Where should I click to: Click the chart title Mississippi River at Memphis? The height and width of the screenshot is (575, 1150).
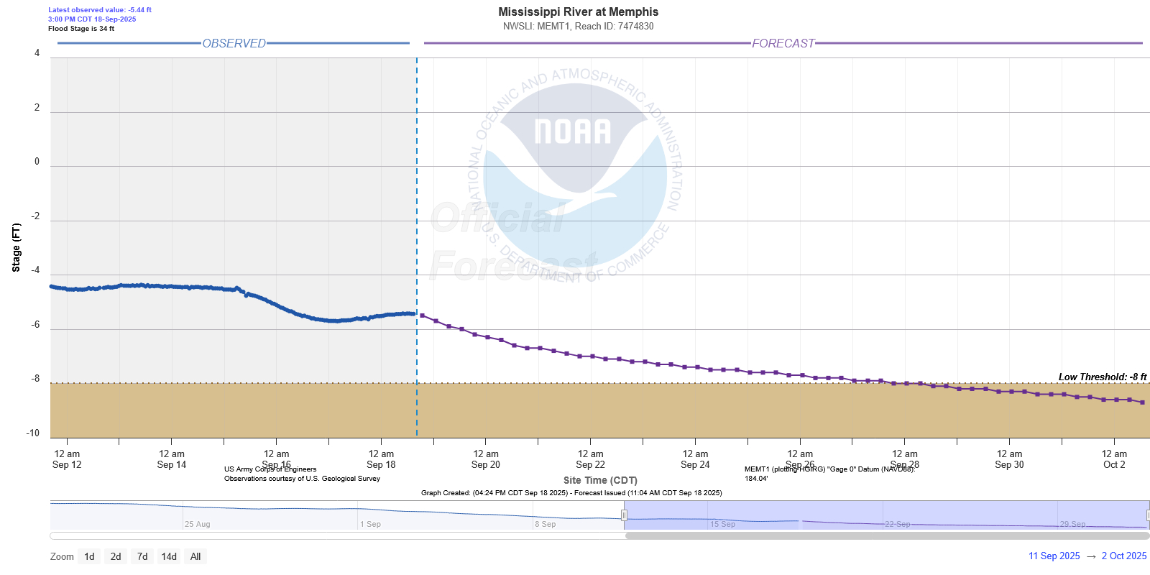click(578, 11)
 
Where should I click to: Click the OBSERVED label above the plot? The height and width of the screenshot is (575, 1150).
click(234, 43)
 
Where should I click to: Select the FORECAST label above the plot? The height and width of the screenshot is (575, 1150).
click(783, 43)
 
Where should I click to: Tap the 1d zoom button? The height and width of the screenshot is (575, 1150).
click(89, 556)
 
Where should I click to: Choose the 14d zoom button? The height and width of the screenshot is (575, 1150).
click(169, 556)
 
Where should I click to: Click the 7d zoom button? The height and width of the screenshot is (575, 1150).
click(142, 556)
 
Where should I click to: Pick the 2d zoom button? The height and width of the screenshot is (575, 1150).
click(116, 556)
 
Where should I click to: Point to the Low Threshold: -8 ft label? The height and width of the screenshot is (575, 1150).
click(1102, 377)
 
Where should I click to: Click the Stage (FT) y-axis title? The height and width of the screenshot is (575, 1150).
click(16, 247)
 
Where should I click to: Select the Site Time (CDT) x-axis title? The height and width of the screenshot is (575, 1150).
click(600, 480)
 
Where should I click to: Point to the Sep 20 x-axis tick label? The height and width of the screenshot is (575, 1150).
click(486, 459)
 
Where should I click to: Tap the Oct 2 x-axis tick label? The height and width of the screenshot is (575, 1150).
click(1114, 459)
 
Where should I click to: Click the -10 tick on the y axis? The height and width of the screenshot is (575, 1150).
click(33, 433)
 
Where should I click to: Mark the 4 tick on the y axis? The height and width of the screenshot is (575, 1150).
click(37, 53)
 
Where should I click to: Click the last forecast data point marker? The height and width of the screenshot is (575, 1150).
click(1142, 402)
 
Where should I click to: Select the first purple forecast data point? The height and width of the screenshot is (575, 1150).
click(422, 316)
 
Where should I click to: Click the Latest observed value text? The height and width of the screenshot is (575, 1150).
click(100, 10)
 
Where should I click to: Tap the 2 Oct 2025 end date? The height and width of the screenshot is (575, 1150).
click(1124, 556)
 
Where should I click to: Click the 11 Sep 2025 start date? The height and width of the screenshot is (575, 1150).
click(1054, 556)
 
